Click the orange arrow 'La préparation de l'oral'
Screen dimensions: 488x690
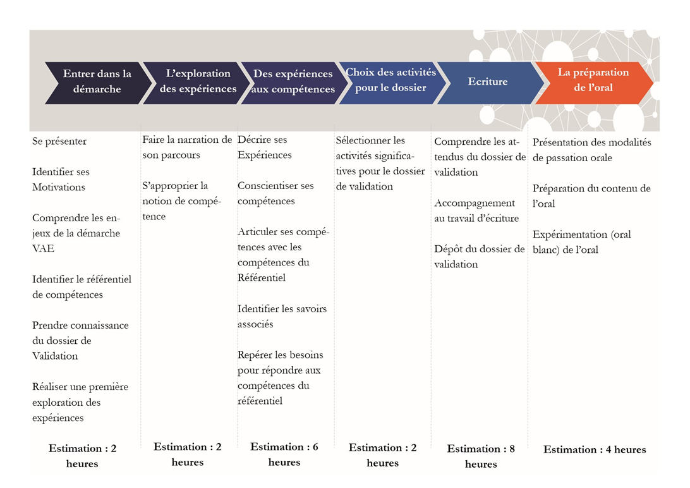click(593, 80)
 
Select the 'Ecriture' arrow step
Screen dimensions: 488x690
click(488, 82)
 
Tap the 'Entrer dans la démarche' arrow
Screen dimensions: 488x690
click(97, 82)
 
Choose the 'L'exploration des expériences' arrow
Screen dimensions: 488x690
click(198, 82)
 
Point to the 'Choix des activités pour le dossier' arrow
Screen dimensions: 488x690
click(390, 80)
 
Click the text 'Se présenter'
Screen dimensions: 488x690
click(59, 141)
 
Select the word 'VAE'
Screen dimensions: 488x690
click(44, 248)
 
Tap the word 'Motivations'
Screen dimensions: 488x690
click(59, 187)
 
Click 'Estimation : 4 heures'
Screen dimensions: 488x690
click(595, 449)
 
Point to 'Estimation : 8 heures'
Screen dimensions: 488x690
click(481, 456)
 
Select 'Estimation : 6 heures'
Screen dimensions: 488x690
click(284, 454)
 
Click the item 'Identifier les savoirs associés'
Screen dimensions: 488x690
click(282, 317)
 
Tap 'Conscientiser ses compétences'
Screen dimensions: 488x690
click(275, 193)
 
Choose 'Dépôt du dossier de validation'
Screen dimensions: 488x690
click(479, 257)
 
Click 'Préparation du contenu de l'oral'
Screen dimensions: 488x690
click(591, 196)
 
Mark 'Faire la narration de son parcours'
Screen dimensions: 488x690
click(187, 147)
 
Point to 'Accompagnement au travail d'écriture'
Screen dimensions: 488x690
click(476, 210)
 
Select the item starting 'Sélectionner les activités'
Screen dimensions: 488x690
click(380, 163)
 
